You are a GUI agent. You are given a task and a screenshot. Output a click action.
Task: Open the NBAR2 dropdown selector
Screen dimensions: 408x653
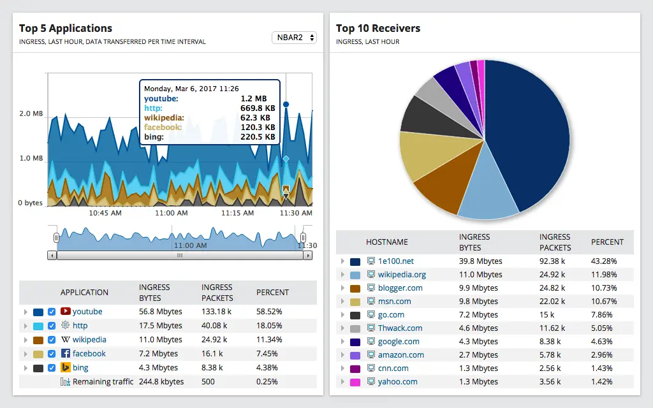pyautogui.click(x=294, y=38)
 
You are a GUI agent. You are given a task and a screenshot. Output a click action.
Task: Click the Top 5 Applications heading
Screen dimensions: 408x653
pyautogui.click(x=66, y=28)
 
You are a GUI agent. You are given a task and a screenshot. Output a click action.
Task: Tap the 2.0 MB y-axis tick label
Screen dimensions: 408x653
pyautogui.click(x=31, y=114)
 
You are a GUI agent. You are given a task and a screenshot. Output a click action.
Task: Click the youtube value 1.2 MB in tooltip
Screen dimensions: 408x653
pyautogui.click(x=254, y=99)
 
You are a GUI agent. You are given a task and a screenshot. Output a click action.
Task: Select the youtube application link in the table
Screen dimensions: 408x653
pyautogui.click(x=87, y=312)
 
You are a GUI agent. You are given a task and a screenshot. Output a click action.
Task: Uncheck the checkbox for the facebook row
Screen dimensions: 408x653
pyautogui.click(x=52, y=354)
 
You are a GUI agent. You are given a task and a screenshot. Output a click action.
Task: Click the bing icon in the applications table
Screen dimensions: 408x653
pyautogui.click(x=65, y=368)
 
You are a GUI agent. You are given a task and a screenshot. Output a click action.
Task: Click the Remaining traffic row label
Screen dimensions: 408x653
pyautogui.click(x=103, y=382)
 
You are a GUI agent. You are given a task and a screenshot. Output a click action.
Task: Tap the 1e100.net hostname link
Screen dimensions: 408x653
pyautogui.click(x=395, y=261)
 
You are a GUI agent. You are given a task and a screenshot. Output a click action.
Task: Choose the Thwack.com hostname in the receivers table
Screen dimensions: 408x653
pyautogui.click(x=400, y=328)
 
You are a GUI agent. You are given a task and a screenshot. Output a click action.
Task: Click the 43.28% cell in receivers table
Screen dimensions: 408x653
pyautogui.click(x=604, y=261)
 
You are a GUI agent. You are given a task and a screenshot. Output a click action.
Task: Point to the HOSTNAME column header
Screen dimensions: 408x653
pyautogui.click(x=386, y=242)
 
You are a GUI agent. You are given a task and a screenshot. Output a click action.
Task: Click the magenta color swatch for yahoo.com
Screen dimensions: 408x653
pyautogui.click(x=355, y=382)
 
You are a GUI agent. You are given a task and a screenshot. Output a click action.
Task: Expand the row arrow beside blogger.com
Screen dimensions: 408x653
pyautogui.click(x=342, y=288)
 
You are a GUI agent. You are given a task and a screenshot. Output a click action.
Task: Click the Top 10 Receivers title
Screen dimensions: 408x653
pyautogui.click(x=378, y=28)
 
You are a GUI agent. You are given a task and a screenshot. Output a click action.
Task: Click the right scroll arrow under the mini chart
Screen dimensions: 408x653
pyautogui.click(x=308, y=255)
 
